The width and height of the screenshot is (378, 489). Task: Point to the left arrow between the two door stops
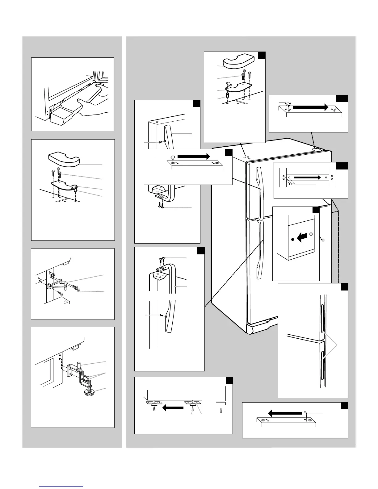tap(173, 408)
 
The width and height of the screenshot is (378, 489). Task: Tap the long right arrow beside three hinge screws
tap(310, 107)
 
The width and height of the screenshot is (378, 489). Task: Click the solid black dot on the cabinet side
tap(292, 239)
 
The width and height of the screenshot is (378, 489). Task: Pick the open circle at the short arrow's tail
tap(311, 234)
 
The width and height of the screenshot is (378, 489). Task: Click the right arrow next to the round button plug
tap(194, 157)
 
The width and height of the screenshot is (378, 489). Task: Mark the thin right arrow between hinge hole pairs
tap(307, 178)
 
